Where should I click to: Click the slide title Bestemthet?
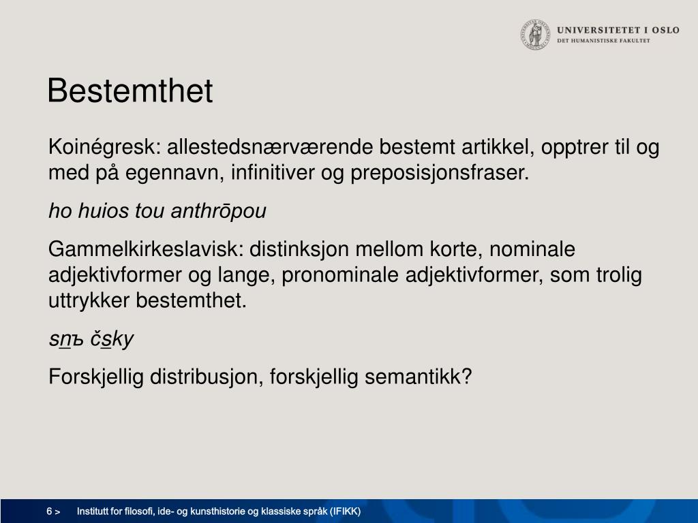130,91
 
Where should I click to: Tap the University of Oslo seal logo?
536,34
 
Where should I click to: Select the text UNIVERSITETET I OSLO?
618,30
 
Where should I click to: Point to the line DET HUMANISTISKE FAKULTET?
603,40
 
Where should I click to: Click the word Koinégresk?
104,147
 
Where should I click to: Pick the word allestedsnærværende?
270,147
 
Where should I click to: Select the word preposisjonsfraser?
440,172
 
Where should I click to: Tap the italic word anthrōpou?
219,211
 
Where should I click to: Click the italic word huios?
104,211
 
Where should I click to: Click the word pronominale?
340,275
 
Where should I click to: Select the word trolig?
619,275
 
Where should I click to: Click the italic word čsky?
112,339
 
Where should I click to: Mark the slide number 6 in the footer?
49,511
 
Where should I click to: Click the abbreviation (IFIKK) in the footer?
346,511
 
